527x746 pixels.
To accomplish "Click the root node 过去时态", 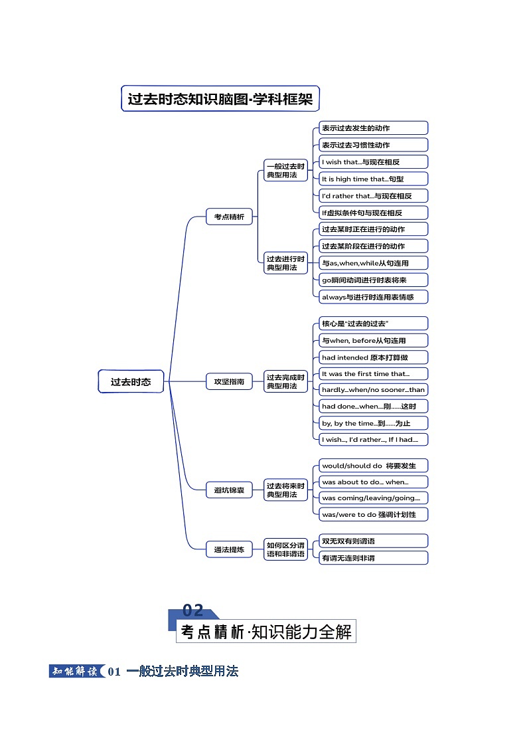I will click(x=131, y=381).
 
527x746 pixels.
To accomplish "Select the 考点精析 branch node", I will click(x=229, y=217).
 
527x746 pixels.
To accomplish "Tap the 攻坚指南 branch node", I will click(x=229, y=381).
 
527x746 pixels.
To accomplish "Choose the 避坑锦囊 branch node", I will click(x=229, y=490).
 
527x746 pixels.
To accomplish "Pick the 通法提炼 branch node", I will click(x=229, y=549).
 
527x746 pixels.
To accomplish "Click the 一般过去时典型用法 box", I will click(x=285, y=170).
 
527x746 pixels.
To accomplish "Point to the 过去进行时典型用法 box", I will click(x=285, y=262).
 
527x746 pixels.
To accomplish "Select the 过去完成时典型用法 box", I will click(x=285, y=381).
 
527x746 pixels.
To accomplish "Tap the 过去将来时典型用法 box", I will click(x=285, y=490).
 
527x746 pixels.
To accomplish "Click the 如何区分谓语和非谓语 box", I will click(x=285, y=549).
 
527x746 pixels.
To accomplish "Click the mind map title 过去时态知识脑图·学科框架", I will click(x=220, y=99).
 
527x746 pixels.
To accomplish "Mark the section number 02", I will click(x=193, y=610).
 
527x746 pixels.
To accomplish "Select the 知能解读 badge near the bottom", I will click(x=74, y=672).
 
